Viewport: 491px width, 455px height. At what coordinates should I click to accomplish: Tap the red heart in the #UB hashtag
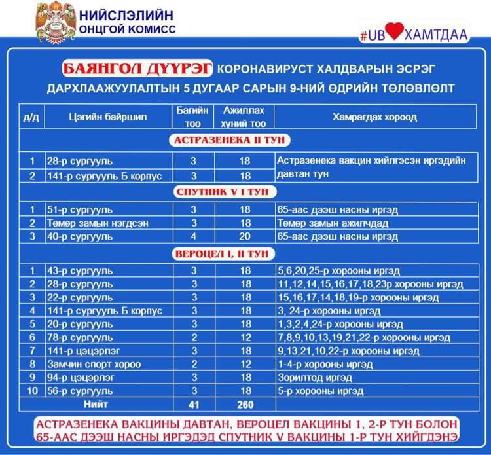tap(393, 34)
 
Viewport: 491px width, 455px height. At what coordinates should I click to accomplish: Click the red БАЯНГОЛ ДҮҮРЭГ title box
tap(137, 68)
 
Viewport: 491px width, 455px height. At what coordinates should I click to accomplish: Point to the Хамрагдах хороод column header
tap(374, 117)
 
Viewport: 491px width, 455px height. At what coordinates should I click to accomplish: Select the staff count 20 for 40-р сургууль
tap(245, 236)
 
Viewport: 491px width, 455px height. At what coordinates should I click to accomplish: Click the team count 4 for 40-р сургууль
tap(194, 236)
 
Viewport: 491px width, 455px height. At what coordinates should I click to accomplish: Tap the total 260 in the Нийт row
tap(245, 405)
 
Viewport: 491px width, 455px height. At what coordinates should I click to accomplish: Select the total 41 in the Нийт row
tap(193, 405)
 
